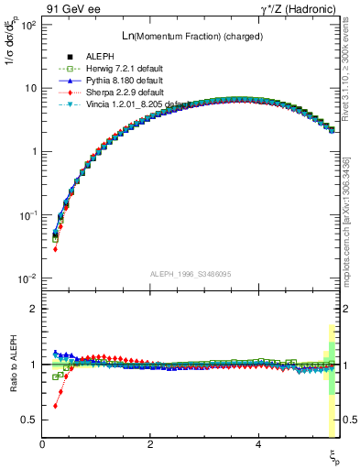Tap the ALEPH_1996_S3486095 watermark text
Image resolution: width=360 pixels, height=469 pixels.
(x=191, y=274)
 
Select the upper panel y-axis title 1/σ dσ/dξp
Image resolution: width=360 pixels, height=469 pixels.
(x=16, y=64)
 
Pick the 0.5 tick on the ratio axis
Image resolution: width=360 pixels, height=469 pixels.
(x=29, y=420)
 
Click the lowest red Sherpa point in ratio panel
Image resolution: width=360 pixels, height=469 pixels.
(x=55, y=405)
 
